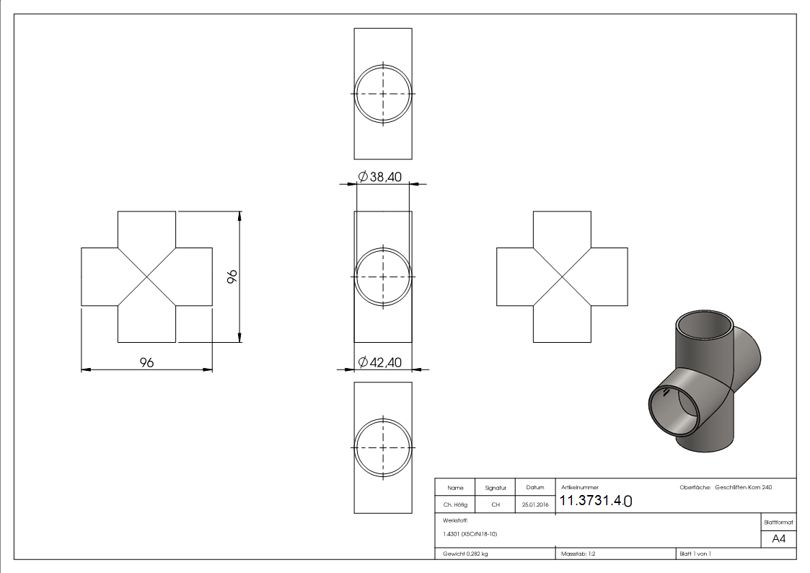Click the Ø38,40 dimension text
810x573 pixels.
(380, 177)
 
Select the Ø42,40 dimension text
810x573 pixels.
(380, 362)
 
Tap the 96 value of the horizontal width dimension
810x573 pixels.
(146, 362)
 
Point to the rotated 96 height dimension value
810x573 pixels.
(232, 277)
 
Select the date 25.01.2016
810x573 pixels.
(534, 505)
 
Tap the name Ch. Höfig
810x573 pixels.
(455, 505)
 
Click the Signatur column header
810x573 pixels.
(496, 488)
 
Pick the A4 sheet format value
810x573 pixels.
(779, 538)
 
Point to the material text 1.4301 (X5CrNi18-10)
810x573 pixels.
(470, 534)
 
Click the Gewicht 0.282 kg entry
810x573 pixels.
(466, 554)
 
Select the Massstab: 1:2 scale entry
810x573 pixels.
(578, 554)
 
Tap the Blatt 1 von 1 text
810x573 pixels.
(695, 554)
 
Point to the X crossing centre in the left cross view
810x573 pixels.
(146, 277)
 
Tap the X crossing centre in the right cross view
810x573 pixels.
(562, 277)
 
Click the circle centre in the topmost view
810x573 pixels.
(383, 94)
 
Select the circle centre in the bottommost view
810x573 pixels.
(383, 447)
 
